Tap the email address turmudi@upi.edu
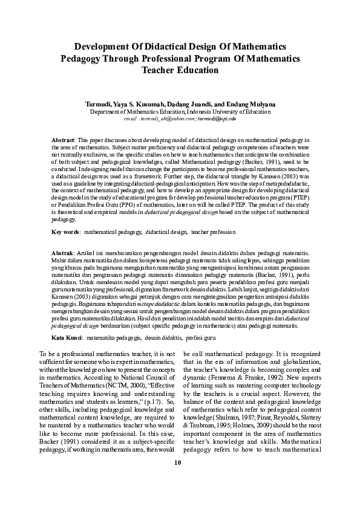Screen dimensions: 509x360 [217, 119]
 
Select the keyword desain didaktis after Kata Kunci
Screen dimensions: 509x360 [162, 336]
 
